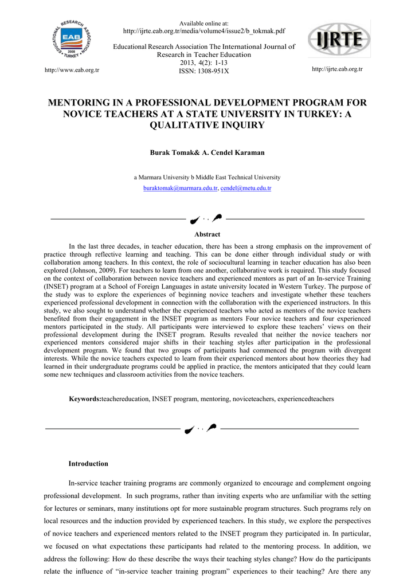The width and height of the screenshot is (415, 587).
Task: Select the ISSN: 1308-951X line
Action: pos(204,71)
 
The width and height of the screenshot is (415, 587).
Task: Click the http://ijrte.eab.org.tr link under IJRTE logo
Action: pos(337,69)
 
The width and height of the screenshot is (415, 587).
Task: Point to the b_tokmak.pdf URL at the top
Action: pos(204,31)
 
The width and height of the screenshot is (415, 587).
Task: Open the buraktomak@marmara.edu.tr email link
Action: pos(180,188)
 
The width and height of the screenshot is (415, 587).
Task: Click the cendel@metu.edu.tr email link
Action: pos(246,188)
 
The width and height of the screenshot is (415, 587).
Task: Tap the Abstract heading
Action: pos(207,234)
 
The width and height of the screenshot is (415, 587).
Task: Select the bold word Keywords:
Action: pos(85,398)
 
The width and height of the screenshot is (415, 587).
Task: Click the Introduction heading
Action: pos(88,464)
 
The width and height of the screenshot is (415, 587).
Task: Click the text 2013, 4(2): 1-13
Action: pos(204,63)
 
